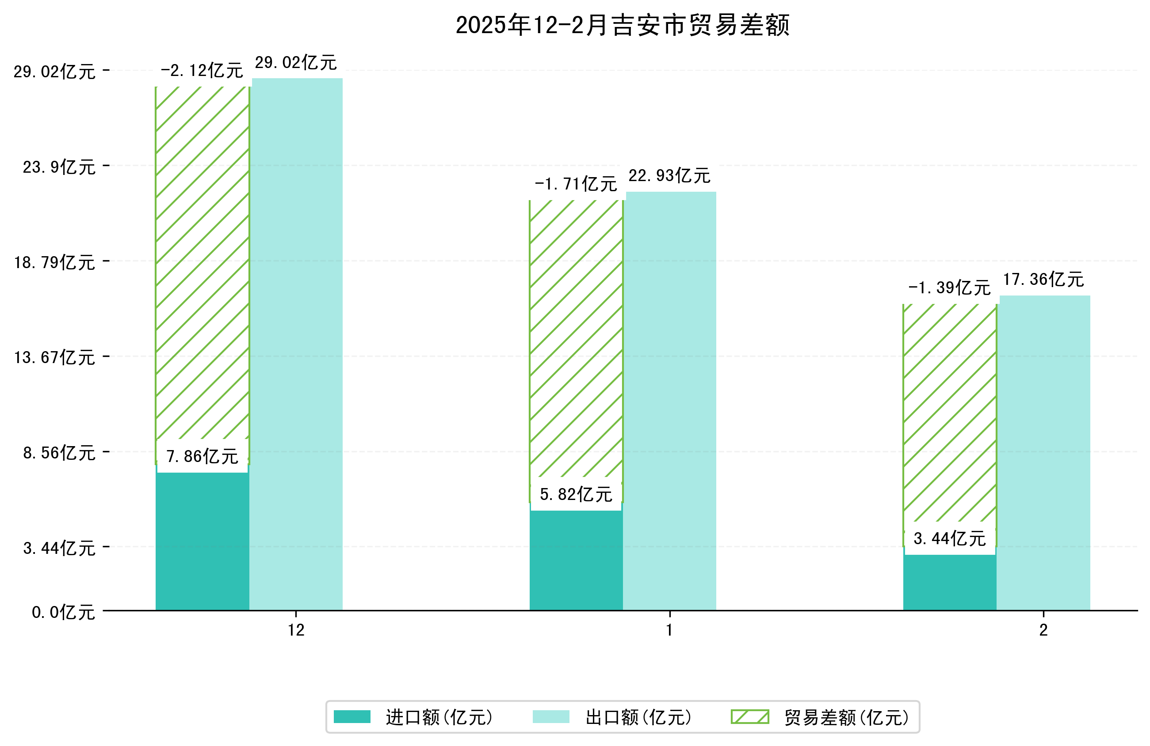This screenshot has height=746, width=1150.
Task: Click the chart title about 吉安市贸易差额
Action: point(623,25)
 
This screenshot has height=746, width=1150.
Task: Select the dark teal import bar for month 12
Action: point(202,541)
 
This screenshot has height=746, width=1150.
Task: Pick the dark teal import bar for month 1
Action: point(576,560)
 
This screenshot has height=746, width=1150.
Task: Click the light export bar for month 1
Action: point(670,401)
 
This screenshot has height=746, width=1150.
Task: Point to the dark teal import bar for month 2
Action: point(949,582)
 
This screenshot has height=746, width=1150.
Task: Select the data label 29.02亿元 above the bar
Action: point(296,63)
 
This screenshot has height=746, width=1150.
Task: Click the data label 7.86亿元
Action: point(202,456)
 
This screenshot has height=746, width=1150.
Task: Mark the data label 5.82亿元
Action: point(576,494)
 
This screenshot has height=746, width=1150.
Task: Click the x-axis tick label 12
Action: point(296,630)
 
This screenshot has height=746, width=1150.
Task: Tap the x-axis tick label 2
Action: point(1043,630)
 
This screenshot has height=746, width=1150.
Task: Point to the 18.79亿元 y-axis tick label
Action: point(54,262)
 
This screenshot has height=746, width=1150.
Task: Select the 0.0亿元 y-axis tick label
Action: point(63,612)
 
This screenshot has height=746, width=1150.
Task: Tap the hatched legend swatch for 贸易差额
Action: point(749,716)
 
